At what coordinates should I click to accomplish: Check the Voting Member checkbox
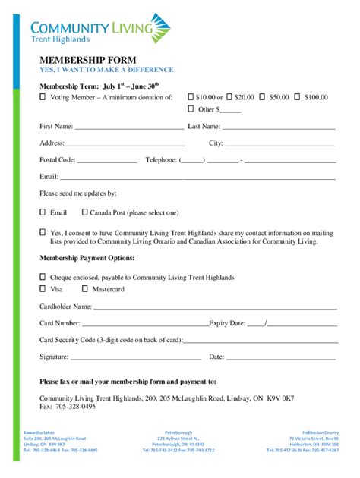tap(43, 97)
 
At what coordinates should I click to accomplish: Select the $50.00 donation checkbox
tap(262, 97)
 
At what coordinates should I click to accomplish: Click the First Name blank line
tap(129, 127)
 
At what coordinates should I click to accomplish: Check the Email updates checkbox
tap(43, 212)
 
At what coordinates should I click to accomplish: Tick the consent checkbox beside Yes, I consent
tap(43, 233)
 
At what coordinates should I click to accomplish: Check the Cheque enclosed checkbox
tap(43, 278)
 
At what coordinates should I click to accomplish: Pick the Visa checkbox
tap(43, 290)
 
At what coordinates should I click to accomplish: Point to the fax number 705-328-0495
tap(75, 407)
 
